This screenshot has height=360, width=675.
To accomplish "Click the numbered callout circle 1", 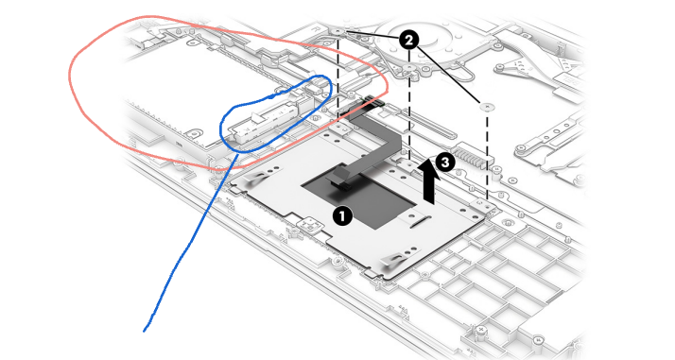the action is click(x=342, y=215).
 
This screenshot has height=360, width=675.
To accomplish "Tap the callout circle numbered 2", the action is click(x=408, y=41).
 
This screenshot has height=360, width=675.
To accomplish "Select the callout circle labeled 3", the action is click(x=444, y=163).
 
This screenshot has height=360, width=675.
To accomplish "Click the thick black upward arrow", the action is click(x=429, y=180).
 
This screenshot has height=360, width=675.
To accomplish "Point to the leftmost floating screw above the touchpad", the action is click(x=337, y=31).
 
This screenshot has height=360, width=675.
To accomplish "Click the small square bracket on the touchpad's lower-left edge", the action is click(x=309, y=224).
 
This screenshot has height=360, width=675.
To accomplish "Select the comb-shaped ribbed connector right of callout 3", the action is click(x=473, y=154).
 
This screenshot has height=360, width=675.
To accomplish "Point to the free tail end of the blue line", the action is click(x=144, y=331).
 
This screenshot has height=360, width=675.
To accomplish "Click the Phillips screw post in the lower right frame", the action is click(x=482, y=332).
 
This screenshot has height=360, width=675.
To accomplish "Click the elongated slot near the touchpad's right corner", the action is click(x=420, y=222).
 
